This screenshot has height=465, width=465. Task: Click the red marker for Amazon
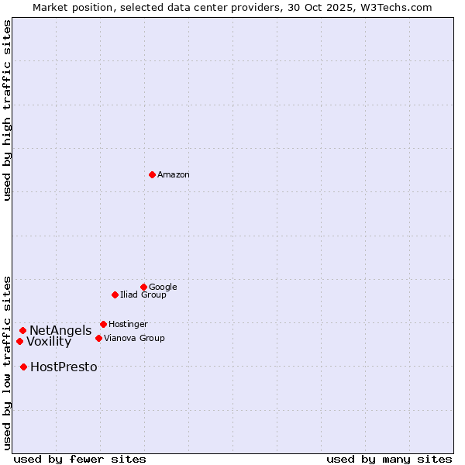click(152, 174)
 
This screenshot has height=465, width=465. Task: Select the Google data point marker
click(143, 287)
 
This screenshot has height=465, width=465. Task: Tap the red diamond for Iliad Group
click(115, 294)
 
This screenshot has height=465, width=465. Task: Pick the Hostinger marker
click(103, 324)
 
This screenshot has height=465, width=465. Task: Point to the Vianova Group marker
click(98, 338)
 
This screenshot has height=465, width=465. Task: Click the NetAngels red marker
click(22, 330)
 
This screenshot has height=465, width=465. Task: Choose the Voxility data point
click(19, 341)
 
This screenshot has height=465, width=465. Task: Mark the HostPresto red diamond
click(23, 367)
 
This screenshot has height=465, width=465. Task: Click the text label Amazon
click(174, 174)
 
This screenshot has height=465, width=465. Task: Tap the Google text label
click(163, 287)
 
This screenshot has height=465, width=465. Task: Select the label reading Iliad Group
click(143, 294)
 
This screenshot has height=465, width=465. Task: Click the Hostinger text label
click(128, 324)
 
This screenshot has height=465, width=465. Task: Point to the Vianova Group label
click(134, 338)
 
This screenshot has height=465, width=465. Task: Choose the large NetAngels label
click(60, 331)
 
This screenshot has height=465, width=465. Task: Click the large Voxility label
click(49, 342)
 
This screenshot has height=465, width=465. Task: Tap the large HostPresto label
click(64, 367)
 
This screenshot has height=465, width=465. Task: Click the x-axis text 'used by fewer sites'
click(80, 459)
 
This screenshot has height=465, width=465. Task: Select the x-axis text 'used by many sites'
click(389, 459)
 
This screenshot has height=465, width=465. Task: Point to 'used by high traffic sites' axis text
click(7, 111)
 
